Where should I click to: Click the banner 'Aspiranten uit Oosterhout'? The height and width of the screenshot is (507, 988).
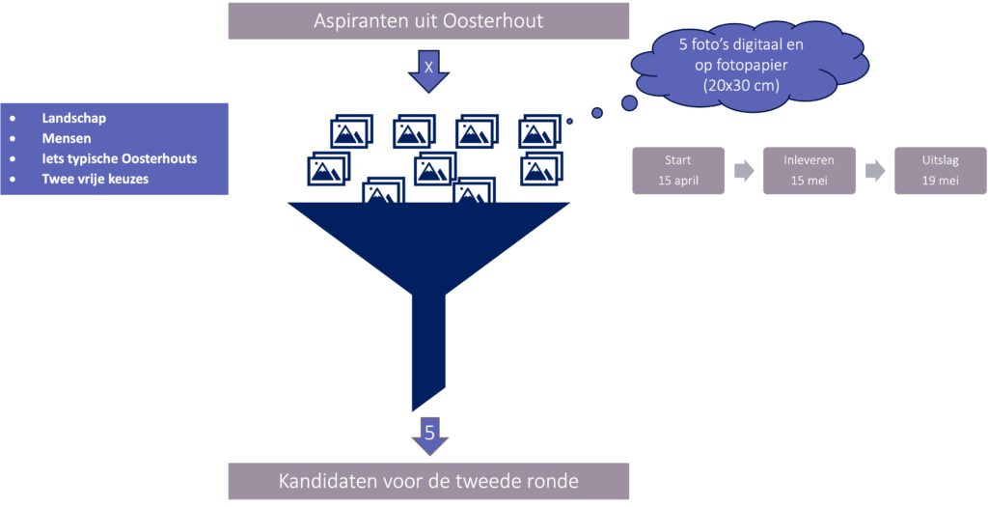pyautogui.click(x=427, y=20)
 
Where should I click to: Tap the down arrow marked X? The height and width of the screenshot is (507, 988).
pyautogui.click(x=428, y=70)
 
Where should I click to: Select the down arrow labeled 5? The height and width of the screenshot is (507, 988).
pyautogui.click(x=429, y=435)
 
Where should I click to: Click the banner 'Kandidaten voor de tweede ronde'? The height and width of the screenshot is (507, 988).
pyautogui.click(x=427, y=480)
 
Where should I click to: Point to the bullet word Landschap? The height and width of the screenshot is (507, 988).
pyautogui.click(x=73, y=118)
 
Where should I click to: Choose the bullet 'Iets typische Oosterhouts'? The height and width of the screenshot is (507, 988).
pyautogui.click(x=120, y=158)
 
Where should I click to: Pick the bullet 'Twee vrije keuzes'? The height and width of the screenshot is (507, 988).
pyautogui.click(x=95, y=179)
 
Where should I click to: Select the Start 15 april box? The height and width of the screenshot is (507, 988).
pyautogui.click(x=677, y=171)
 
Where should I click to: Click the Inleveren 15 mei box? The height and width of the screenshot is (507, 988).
pyautogui.click(x=809, y=171)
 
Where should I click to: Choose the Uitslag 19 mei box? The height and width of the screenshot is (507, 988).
pyautogui.click(x=940, y=171)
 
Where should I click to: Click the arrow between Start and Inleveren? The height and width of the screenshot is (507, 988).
pyautogui.click(x=744, y=171)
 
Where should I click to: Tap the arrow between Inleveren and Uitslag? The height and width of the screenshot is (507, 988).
pyautogui.click(x=875, y=171)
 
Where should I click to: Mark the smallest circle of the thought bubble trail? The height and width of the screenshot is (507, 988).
pyautogui.click(x=570, y=122)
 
